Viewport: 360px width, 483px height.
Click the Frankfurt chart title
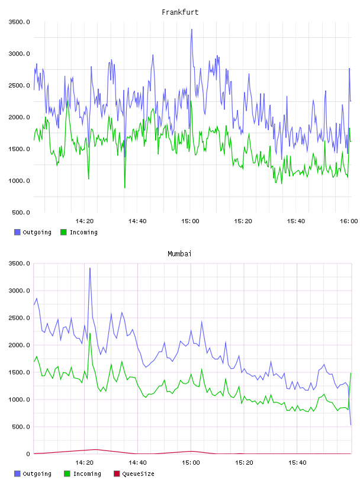(x=180, y=12)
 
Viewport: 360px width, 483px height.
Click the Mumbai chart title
(x=179, y=254)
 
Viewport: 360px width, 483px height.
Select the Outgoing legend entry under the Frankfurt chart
(x=33, y=232)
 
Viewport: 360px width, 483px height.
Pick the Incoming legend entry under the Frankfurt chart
(x=79, y=232)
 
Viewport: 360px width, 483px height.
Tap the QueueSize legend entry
(x=134, y=474)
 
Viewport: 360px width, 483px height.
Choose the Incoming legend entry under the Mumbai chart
(x=83, y=474)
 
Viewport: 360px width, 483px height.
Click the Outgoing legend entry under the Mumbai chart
(x=33, y=474)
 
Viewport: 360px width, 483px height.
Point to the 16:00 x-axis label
(x=349, y=221)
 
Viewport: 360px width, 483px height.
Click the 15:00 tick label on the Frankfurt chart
(x=190, y=221)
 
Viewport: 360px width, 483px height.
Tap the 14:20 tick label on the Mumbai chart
(x=85, y=463)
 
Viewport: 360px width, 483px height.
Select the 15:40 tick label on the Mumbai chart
(x=297, y=463)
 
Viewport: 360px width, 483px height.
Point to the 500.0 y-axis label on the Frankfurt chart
(x=21, y=212)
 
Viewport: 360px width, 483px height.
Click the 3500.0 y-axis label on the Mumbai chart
(x=19, y=263)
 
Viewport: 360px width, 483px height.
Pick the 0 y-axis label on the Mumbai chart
(x=28, y=454)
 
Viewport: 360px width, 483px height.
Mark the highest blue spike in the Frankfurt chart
(x=192, y=30)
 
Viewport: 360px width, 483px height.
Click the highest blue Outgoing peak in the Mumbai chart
(x=90, y=268)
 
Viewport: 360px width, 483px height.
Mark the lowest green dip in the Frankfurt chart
(x=125, y=188)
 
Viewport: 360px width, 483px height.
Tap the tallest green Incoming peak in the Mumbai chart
(x=90, y=333)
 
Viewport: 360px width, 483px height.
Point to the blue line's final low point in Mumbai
(x=351, y=425)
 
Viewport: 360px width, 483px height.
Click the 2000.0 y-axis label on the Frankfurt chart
(x=19, y=117)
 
